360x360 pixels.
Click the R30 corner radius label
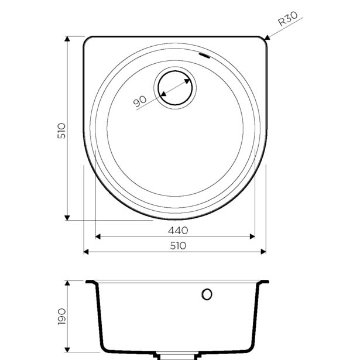[287, 18]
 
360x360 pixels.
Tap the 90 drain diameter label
[139, 101]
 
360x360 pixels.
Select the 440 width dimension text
[178, 230]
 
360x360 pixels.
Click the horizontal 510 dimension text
[178, 246]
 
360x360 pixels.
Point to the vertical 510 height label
[61, 131]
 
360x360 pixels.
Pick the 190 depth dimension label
[62, 317]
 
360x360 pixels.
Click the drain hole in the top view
[175, 88]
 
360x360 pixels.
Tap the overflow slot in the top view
[204, 56]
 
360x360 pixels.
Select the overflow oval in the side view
[207, 294]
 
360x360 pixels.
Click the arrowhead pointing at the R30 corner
[267, 37]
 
